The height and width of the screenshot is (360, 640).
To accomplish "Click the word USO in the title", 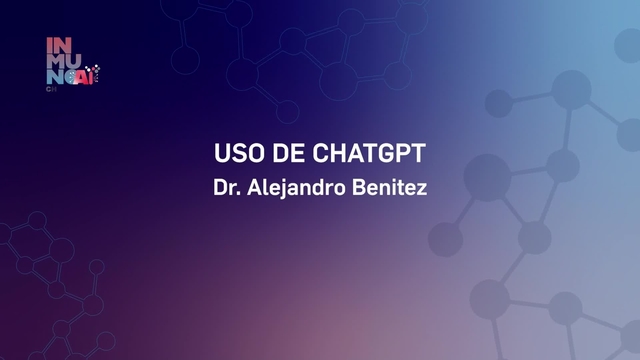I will [x=236, y=156].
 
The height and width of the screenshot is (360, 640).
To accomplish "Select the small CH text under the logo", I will [x=51, y=89].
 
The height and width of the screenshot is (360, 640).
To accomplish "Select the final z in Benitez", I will [x=422, y=188].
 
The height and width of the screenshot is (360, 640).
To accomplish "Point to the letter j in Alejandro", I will [x=283, y=188].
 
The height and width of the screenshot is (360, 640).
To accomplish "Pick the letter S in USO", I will [x=236, y=156].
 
